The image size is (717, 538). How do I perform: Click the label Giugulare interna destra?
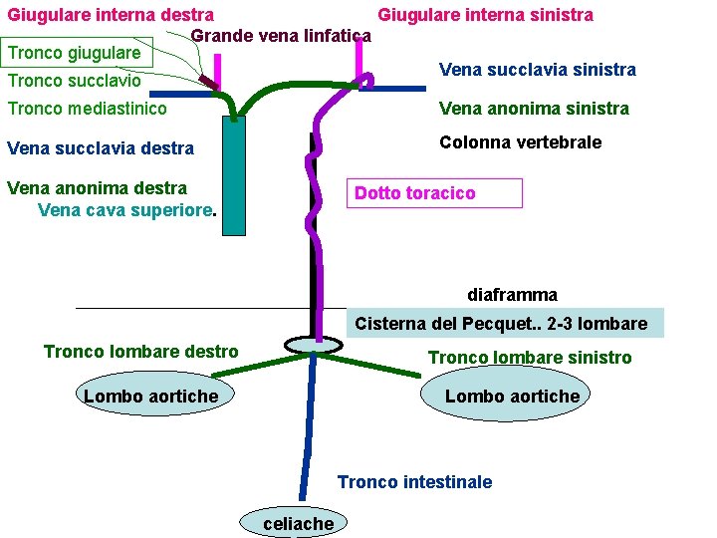(111, 15)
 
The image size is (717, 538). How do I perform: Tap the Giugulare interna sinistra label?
(485, 15)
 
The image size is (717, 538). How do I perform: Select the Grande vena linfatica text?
(280, 37)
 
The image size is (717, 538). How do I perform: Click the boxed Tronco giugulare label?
(75, 52)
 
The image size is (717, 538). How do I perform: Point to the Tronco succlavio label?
(74, 81)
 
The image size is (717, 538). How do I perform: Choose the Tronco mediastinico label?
(87, 109)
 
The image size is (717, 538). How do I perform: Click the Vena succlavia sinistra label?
(537, 69)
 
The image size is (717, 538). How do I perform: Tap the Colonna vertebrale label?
(520, 142)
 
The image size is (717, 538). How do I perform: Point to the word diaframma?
(512, 295)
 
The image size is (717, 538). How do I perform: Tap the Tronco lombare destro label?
(140, 352)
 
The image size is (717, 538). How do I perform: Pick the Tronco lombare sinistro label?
(529, 358)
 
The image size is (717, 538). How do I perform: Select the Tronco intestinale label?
(414, 482)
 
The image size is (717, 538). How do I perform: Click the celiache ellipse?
(297, 522)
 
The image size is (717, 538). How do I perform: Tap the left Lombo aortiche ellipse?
(150, 397)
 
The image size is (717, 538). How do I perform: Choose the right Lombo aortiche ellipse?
(511, 397)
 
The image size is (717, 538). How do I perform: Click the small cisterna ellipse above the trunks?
(313, 345)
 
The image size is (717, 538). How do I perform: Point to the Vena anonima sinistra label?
(534, 109)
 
